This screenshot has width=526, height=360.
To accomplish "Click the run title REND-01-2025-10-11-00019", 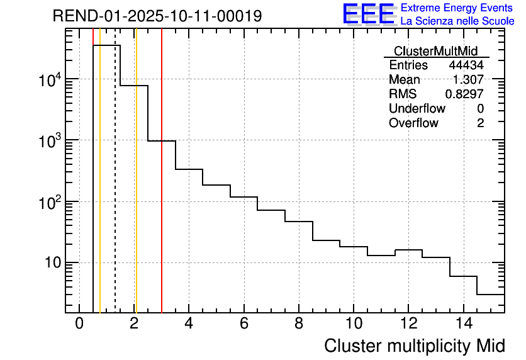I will point(157,16).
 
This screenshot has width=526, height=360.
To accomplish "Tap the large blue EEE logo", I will point(368,14).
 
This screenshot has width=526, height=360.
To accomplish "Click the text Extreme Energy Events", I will point(457,8).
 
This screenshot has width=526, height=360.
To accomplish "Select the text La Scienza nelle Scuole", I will point(457,21).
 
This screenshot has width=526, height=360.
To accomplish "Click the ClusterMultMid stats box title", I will point(435,51).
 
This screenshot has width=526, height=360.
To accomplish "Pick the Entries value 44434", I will point(466,65).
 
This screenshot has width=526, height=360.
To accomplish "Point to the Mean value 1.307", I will point(469,80).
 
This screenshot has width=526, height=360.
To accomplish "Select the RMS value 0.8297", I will point(465,94).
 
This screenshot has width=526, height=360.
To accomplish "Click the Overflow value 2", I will point(480,123).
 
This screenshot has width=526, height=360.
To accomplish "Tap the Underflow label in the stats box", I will point(417,109).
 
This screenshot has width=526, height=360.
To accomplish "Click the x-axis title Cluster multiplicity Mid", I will point(414,346).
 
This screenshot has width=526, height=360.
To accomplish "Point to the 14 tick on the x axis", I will point(463,323).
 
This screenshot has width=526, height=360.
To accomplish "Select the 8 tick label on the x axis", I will point(299,323).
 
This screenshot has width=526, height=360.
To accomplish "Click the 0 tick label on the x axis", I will point(79,323).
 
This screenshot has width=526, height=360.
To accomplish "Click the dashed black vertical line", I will point(115,189).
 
